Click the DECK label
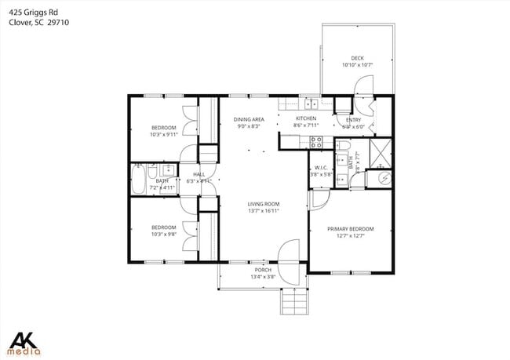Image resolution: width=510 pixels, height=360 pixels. [357, 57]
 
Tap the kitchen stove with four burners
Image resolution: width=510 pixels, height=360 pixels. [316, 142]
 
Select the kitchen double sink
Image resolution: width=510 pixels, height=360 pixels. [311, 103]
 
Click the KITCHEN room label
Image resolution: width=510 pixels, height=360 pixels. [305, 118]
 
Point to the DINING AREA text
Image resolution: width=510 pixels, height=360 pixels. [248, 119]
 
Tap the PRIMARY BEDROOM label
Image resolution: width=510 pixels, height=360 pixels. [351, 229]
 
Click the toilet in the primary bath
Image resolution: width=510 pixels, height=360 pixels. [344, 147]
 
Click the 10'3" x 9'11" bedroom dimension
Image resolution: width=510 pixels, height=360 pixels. [164, 134]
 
